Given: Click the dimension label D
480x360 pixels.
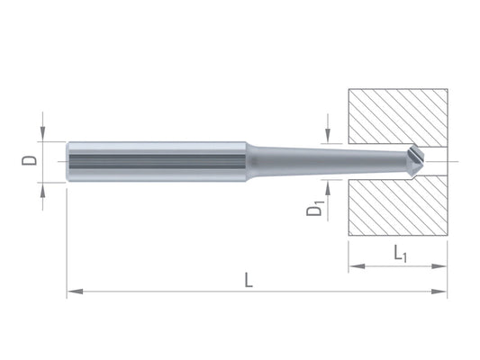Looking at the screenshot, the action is tap(29, 160).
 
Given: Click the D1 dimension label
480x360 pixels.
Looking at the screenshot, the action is tap(315, 208).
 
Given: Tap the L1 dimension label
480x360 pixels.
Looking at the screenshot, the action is tap(400, 254).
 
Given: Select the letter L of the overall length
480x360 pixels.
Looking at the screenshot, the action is tap(249, 280).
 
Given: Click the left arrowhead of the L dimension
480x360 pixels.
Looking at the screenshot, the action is tap(75, 292).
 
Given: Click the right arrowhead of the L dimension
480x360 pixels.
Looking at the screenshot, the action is tap(439, 292).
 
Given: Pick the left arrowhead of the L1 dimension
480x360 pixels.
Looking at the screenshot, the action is tap(357, 266).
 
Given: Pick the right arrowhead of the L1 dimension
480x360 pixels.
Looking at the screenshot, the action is tap(439, 266).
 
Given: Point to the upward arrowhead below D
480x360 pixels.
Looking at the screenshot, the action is tap(43, 191).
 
